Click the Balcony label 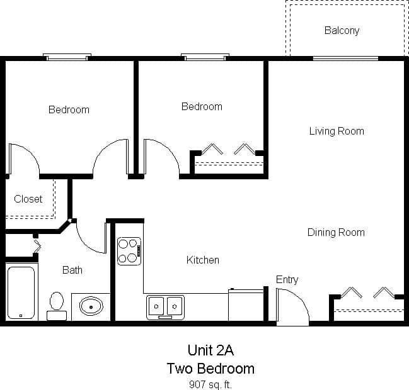[x=342, y=30]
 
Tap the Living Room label [x=337, y=131]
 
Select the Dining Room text [x=336, y=232]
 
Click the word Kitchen [x=203, y=260]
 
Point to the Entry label [x=287, y=279]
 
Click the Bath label [x=72, y=270]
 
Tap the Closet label [x=28, y=199]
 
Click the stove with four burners [x=129, y=250]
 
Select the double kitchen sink [x=165, y=306]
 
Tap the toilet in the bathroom [x=57, y=304]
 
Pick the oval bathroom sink [x=91, y=307]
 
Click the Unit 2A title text [x=210, y=350]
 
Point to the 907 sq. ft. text [x=210, y=383]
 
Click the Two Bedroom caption [x=210, y=368]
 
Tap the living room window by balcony [x=345, y=58]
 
